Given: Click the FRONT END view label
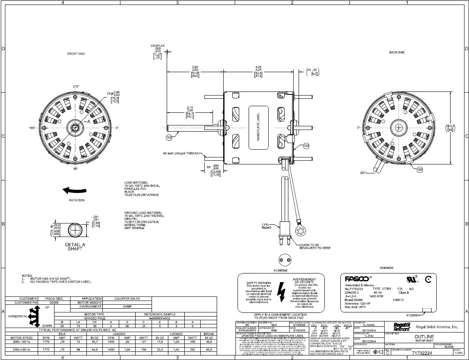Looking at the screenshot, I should [76, 54].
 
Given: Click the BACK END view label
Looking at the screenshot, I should [396, 52].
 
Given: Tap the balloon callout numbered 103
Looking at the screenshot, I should [306, 146].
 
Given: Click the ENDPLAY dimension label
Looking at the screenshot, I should [158, 46].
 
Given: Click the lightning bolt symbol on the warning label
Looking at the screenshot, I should [281, 291].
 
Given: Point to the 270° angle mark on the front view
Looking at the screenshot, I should [76, 87].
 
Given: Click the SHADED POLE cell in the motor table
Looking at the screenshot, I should [94, 318].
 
